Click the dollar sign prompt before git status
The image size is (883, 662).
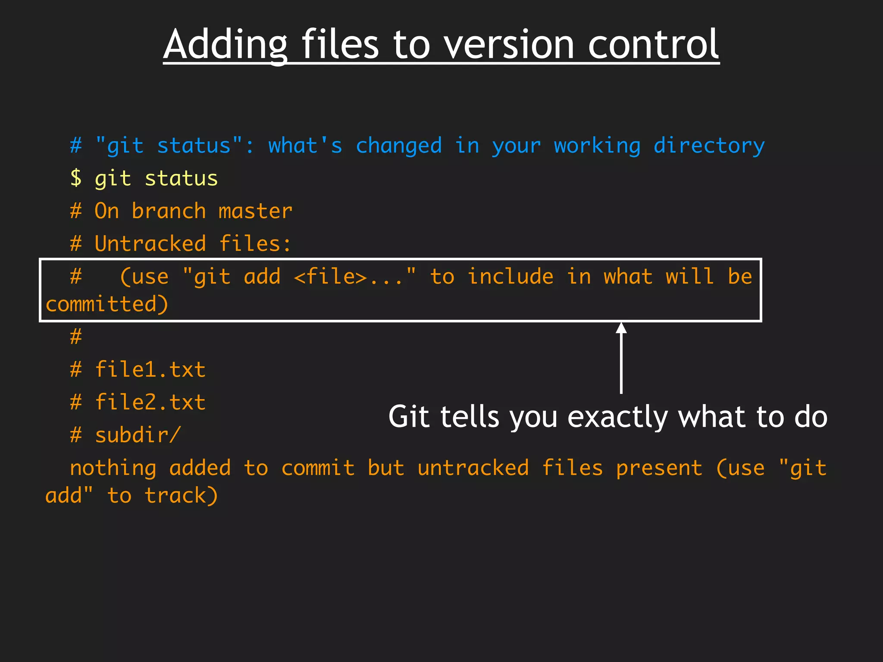pos(76,178)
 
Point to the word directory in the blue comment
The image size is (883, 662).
pos(709,146)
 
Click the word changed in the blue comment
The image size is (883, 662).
pos(399,146)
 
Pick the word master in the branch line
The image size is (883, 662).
pos(255,211)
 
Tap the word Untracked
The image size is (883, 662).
pos(150,244)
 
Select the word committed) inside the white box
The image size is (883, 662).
pos(107,304)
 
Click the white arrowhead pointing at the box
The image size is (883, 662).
pos(621,328)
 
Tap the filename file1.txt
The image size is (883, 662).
pos(150,370)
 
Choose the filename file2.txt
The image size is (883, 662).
pos(150,403)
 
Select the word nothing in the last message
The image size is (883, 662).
pos(113,468)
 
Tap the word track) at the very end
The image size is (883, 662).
pos(181,496)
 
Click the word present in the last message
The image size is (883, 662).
pos(659,468)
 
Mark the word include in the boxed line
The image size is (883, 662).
pos(510,277)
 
